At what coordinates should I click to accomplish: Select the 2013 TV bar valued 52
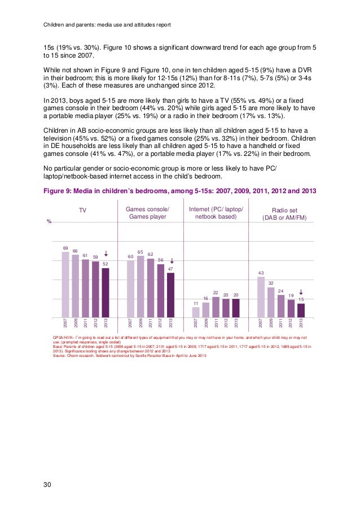point(106,293)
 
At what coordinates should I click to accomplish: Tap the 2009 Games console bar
point(141,286)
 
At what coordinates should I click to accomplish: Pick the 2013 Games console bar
point(171,295)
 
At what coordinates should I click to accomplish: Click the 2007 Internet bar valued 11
point(196,312)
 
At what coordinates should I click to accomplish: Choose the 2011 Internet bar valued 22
point(216,307)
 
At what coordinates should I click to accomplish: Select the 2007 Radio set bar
point(261,297)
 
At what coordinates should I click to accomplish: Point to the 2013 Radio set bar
point(301,311)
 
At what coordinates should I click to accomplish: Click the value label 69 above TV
point(65,247)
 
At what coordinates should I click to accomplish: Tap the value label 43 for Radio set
point(261,273)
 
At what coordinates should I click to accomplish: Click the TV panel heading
point(82,210)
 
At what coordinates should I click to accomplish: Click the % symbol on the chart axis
point(49,221)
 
